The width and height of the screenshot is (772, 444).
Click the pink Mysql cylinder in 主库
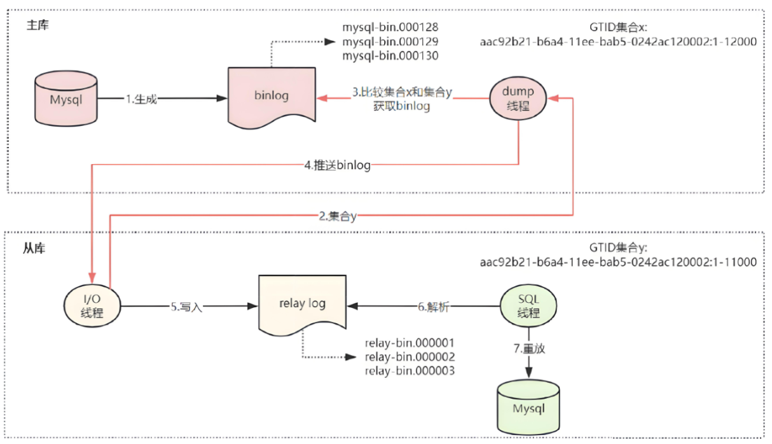[66, 99]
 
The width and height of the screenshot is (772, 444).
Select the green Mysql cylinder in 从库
[528, 407]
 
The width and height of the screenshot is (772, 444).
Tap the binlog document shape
[272, 98]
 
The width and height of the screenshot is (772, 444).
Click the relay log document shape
[302, 305]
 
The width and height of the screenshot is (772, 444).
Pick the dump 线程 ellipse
[518, 98]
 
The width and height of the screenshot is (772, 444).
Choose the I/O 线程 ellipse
[92, 306]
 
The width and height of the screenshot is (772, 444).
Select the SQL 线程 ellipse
[528, 306]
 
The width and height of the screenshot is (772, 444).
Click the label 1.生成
[141, 99]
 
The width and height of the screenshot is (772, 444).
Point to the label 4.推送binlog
[338, 165]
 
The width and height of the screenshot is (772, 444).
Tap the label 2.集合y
[338, 216]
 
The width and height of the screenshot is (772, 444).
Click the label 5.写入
[186, 307]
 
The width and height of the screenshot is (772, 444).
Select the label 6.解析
[434, 307]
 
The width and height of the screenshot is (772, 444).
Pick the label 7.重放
[529, 349]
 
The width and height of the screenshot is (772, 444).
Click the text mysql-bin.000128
[390, 27]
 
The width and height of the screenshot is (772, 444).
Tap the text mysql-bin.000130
[390, 55]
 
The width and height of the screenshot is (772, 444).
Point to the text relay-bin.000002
[410, 357]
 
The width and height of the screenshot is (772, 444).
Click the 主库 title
[38, 25]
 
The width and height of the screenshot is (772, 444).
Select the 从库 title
[34, 248]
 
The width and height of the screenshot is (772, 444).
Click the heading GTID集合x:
[618, 27]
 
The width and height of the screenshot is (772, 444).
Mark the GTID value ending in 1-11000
[618, 262]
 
